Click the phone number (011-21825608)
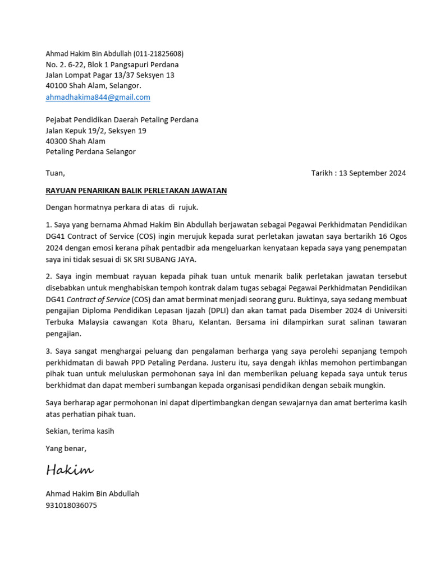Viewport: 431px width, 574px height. coord(158,54)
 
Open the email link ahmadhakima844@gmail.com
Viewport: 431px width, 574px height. coord(98,97)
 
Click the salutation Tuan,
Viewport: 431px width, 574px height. coord(55,173)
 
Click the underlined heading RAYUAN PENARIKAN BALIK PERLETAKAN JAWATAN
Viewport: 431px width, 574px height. coord(136,191)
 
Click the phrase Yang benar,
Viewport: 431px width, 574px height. coord(66,448)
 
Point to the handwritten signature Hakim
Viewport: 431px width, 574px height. coord(70,470)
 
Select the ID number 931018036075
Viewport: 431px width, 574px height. coord(71,505)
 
